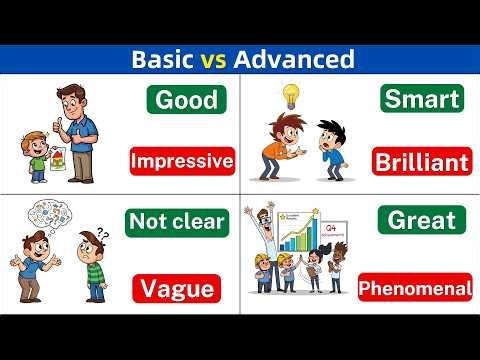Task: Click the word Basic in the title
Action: (x=164, y=59)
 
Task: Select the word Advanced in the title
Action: (x=293, y=59)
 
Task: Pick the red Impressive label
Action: (x=182, y=160)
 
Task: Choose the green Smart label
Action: (x=422, y=99)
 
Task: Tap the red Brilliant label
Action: (x=420, y=162)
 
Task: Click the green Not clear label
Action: (x=177, y=222)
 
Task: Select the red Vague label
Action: (x=175, y=289)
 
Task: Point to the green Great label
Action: (x=421, y=220)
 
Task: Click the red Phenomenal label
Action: (x=415, y=289)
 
